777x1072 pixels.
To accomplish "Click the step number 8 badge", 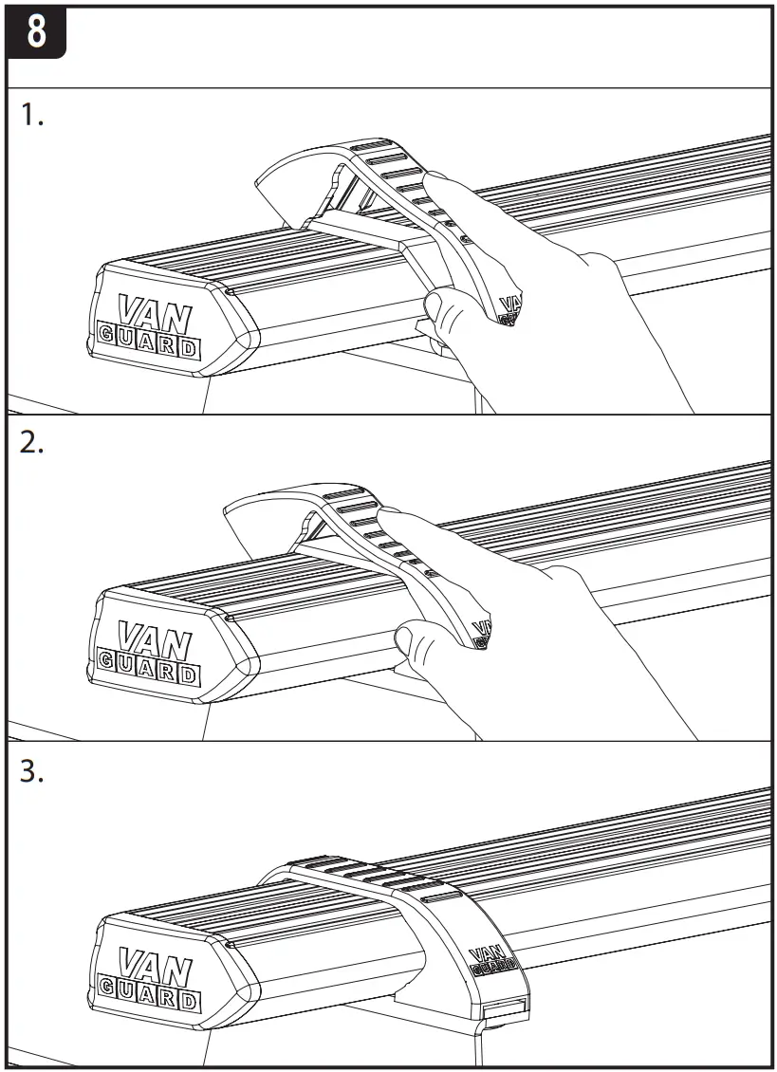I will point(37,31).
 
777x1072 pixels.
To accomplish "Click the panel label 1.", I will point(32,117).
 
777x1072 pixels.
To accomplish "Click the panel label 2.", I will point(32,444).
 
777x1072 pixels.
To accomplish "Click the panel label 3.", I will point(32,770).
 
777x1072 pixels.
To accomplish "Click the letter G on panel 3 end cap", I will point(108,997).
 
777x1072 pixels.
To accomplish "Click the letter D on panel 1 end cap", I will point(189,348).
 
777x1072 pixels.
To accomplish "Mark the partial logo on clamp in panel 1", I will point(509,309).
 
